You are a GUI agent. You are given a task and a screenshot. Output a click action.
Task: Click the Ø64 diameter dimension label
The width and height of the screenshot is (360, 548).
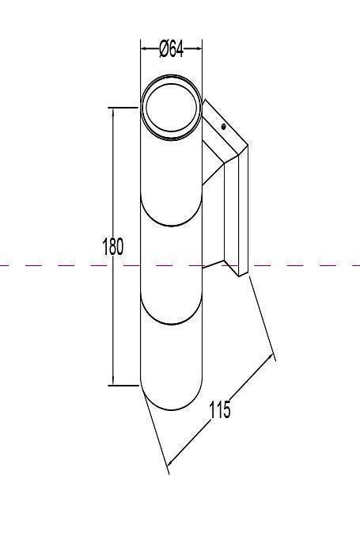[171, 49]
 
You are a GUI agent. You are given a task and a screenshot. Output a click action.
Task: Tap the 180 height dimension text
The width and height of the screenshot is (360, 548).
[113, 247]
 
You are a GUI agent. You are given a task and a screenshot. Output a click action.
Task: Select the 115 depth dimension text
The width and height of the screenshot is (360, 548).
[220, 409]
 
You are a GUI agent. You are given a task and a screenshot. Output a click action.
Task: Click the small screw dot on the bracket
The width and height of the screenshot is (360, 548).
[223, 127]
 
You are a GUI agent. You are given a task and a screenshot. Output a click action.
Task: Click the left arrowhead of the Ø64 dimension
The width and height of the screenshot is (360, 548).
[144, 48]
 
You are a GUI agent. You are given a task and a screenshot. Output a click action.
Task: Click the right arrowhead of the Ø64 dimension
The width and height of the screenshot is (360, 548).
[199, 48]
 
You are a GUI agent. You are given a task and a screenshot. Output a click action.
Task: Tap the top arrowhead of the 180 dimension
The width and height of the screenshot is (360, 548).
[113, 112]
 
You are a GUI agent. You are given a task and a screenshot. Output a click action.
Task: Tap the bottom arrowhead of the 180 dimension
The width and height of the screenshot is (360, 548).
[113, 381]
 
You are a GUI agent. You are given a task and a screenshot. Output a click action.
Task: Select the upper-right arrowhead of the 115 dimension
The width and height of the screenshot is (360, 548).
[270, 357]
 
